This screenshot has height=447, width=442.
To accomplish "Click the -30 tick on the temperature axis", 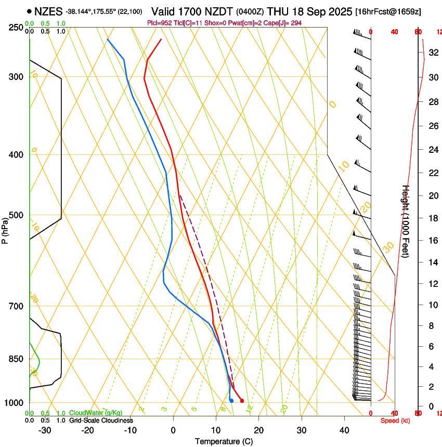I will pos(45,430).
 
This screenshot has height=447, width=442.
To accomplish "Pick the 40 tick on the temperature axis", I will pos(344,430).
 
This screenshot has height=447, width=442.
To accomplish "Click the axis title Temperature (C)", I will pos(224,441).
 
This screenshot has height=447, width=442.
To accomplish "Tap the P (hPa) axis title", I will pos(5,229).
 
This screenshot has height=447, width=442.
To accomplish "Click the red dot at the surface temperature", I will pos(242,400).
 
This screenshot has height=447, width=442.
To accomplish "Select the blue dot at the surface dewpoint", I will pos(231,400).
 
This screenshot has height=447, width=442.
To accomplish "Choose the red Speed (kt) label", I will pos(395,420).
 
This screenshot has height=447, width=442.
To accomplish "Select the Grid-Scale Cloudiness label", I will pos(101,420).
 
